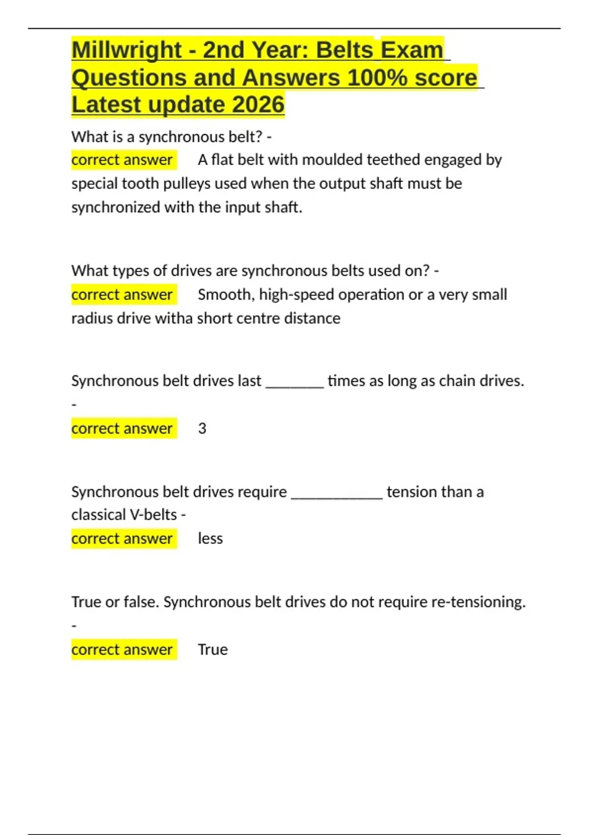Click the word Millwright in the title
click(127, 50)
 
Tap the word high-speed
click(296, 295)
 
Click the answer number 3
click(202, 429)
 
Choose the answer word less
click(210, 539)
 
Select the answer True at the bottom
click(213, 650)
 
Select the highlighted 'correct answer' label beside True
click(122, 650)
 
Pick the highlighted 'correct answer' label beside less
click(122, 539)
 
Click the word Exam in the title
click(412, 50)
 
